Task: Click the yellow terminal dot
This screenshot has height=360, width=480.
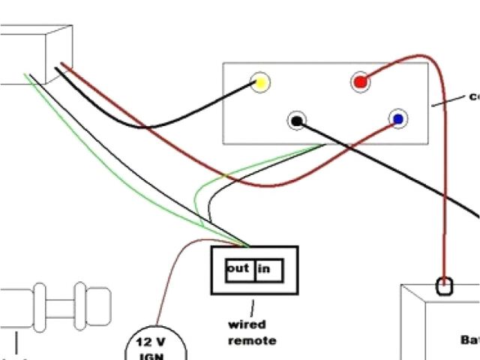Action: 260,82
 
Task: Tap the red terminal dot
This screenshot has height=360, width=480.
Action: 360,82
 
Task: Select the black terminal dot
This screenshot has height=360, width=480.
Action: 298,120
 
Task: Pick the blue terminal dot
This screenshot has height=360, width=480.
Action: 397,119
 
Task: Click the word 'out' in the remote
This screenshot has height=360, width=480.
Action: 238,269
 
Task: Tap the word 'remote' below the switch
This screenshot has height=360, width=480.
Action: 252,340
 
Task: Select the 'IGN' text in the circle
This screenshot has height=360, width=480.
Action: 151,355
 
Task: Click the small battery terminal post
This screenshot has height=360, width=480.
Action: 444,285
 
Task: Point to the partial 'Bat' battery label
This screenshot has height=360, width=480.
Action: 469,340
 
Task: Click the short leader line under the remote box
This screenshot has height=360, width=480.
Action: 253,307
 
